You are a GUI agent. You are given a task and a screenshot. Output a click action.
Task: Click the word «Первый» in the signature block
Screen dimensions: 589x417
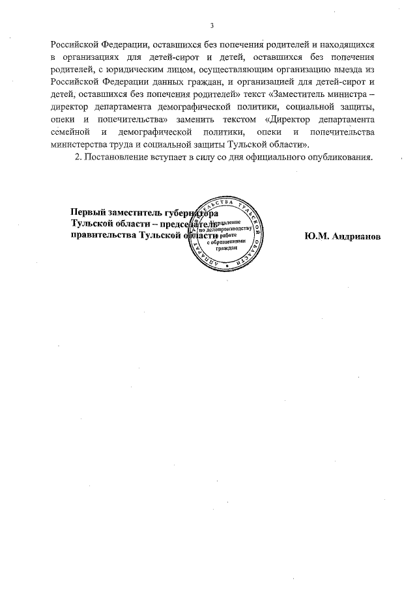86,213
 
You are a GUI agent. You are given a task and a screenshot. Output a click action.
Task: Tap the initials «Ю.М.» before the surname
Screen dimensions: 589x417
315,236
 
